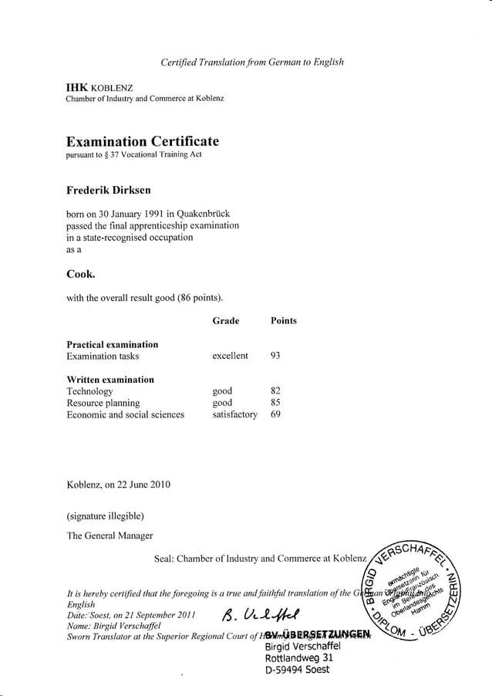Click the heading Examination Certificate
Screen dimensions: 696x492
143,141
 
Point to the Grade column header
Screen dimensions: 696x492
225,321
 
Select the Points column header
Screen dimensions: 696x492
283,321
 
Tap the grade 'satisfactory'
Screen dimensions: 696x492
234,414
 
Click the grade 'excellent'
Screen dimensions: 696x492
230,356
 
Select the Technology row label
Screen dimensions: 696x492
89,391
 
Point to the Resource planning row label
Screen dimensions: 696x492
103,403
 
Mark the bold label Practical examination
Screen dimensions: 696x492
113,344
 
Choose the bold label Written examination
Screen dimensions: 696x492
110,380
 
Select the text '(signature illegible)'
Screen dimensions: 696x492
106,515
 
